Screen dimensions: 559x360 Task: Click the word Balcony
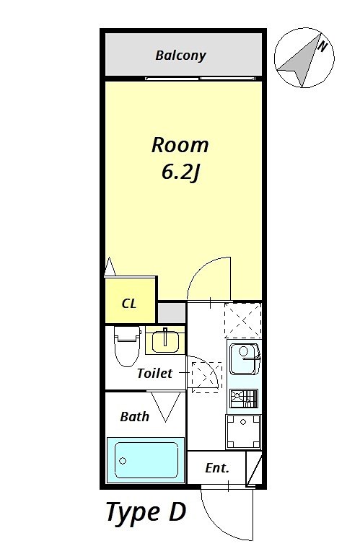coord(180,55)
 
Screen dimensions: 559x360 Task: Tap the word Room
coord(180,145)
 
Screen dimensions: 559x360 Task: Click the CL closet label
coord(129,303)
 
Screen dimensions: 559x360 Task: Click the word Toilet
coord(154,374)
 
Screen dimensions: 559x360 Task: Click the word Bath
coord(134,416)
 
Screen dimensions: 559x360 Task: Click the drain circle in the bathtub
coord(122,459)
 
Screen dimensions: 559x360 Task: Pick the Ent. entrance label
coord(217,468)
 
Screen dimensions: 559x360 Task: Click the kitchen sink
coord(244,358)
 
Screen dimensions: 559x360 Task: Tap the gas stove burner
coord(243,397)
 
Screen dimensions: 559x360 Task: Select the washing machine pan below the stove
coord(243,431)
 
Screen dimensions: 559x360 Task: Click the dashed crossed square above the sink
coord(242,320)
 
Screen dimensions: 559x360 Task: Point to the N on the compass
coord(323,46)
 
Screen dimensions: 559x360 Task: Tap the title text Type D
coord(146,512)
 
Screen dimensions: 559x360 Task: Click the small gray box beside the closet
coord(172,312)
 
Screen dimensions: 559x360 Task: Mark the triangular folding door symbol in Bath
coord(164,408)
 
